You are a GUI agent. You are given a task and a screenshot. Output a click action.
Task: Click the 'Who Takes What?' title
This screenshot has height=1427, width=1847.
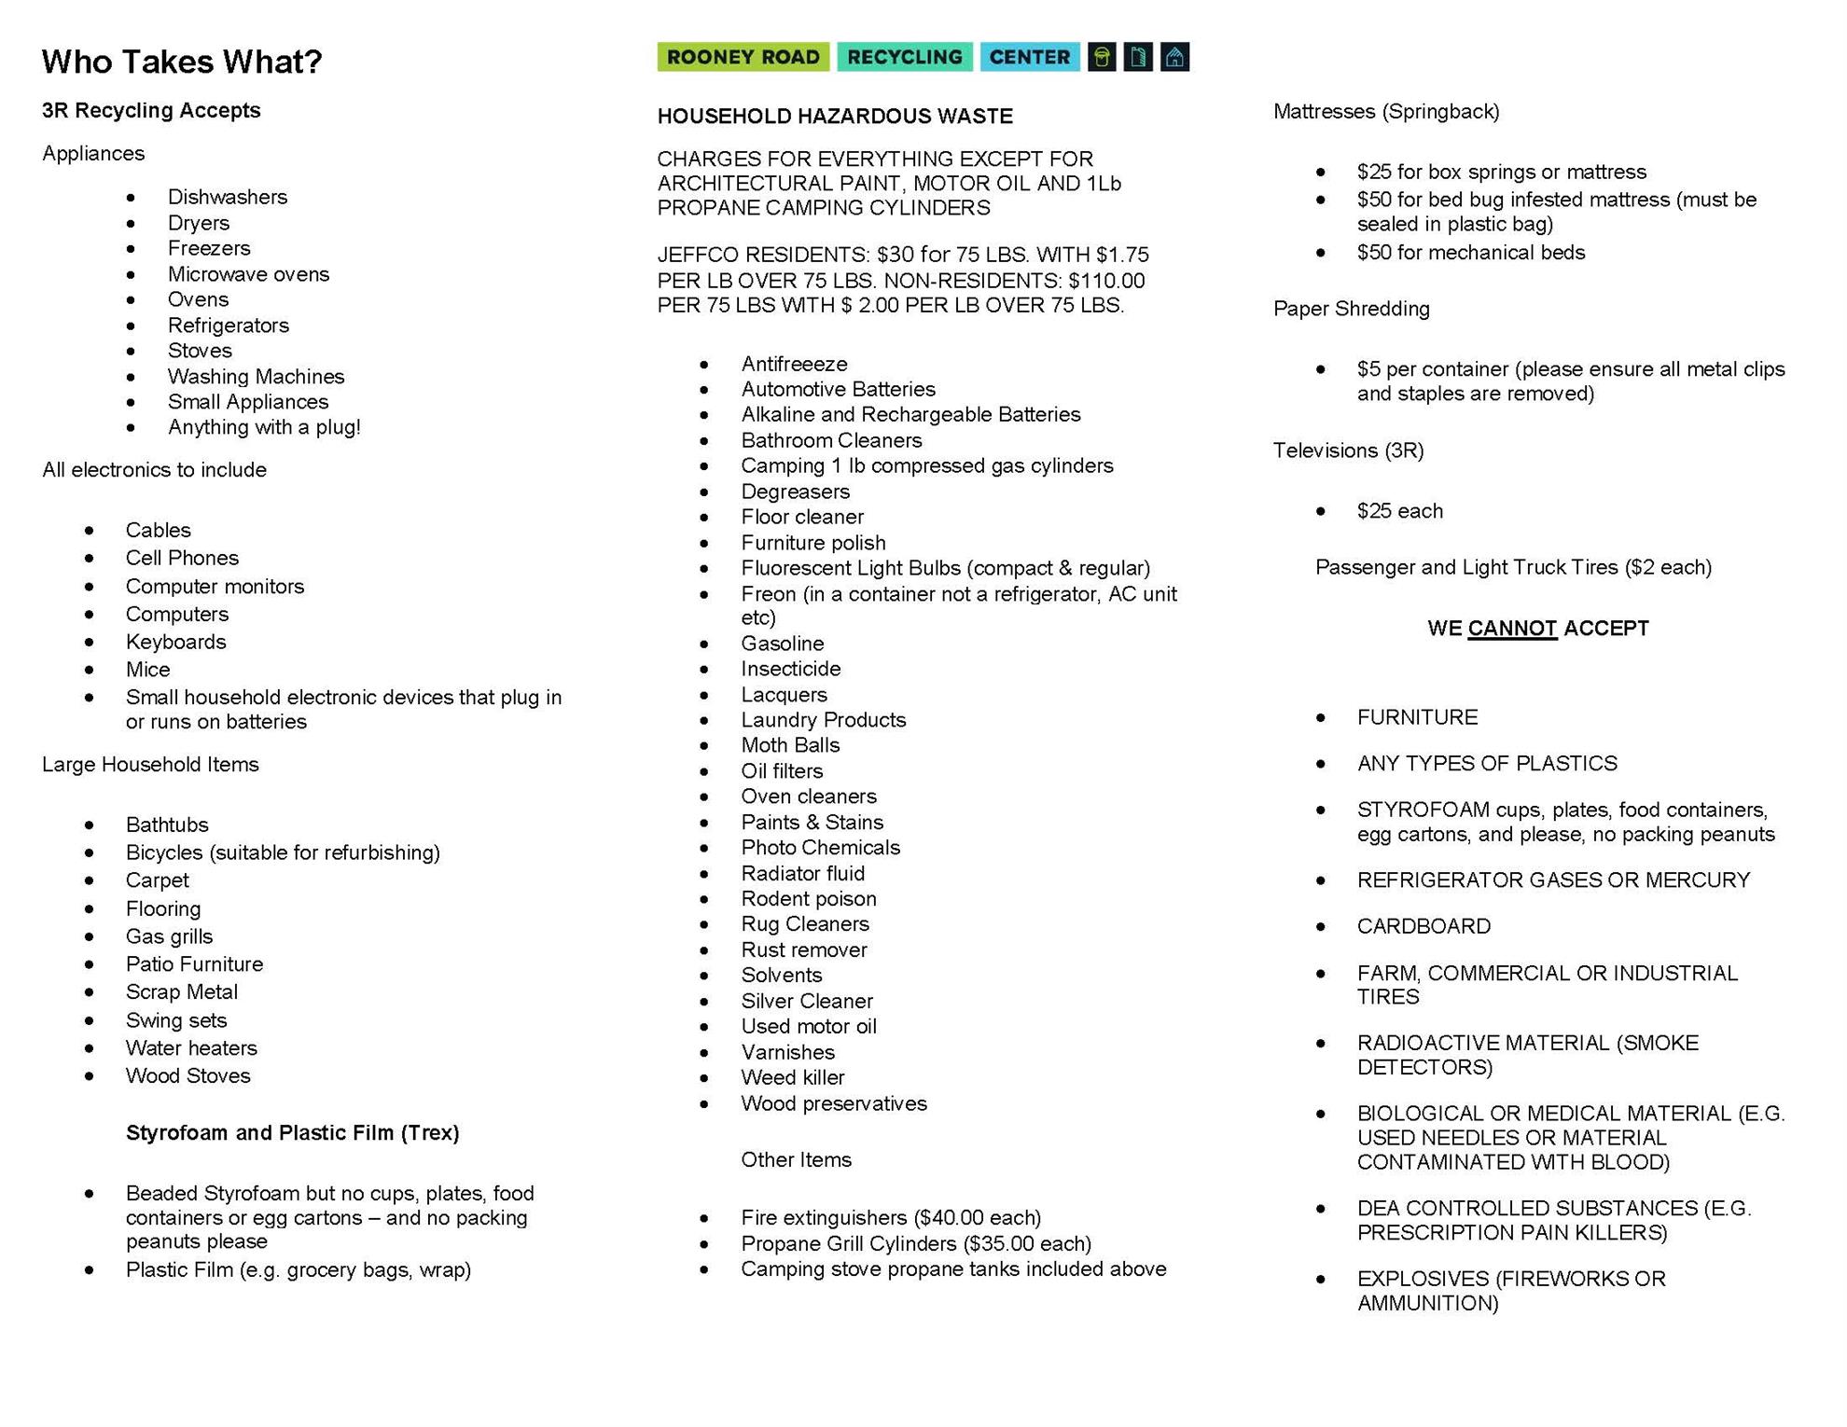pyautogui.click(x=182, y=62)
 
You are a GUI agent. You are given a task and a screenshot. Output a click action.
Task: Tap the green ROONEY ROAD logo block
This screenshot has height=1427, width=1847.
pyautogui.click(x=743, y=57)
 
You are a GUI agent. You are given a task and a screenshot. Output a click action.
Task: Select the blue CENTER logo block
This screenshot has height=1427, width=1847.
pyautogui.click(x=1029, y=57)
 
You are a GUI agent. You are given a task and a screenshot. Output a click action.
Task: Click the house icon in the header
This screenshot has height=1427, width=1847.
pyautogui.click(x=1174, y=57)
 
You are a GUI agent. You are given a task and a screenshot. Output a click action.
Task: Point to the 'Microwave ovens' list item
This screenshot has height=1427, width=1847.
pyautogui.click(x=248, y=274)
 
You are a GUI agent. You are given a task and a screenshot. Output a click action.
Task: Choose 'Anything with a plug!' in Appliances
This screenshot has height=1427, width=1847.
pyautogui.click(x=264, y=427)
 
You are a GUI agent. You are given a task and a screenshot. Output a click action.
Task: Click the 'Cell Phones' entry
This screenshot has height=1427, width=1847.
pyautogui.click(x=182, y=558)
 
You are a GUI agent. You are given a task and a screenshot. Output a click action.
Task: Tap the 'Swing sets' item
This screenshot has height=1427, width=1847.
pyautogui.click(x=176, y=1020)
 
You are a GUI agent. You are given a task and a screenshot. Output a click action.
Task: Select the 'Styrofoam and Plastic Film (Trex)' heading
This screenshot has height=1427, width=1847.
pyautogui.click(x=292, y=1133)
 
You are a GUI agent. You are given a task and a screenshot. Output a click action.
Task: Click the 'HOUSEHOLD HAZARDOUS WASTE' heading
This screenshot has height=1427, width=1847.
pyautogui.click(x=835, y=117)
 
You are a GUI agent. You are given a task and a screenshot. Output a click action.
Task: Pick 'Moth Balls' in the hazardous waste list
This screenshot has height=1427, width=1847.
pyautogui.click(x=790, y=745)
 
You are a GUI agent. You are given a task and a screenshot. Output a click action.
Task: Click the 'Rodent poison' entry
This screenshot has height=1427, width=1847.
pyautogui.click(x=809, y=899)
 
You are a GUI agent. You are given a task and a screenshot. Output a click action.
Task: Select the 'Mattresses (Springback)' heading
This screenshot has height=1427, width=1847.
pyautogui.click(x=1386, y=112)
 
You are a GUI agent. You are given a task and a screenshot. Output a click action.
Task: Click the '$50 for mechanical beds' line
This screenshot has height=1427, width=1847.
pyautogui.click(x=1470, y=253)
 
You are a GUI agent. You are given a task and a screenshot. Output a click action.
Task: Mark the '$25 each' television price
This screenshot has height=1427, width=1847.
pyautogui.click(x=1399, y=511)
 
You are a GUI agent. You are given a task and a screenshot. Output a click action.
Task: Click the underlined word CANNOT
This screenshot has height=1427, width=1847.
pyautogui.click(x=1511, y=629)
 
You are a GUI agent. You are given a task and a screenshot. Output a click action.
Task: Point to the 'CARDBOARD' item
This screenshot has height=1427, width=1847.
pyautogui.click(x=1423, y=926)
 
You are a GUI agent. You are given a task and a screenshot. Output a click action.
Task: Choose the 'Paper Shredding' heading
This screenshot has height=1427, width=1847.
pyautogui.click(x=1351, y=309)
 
